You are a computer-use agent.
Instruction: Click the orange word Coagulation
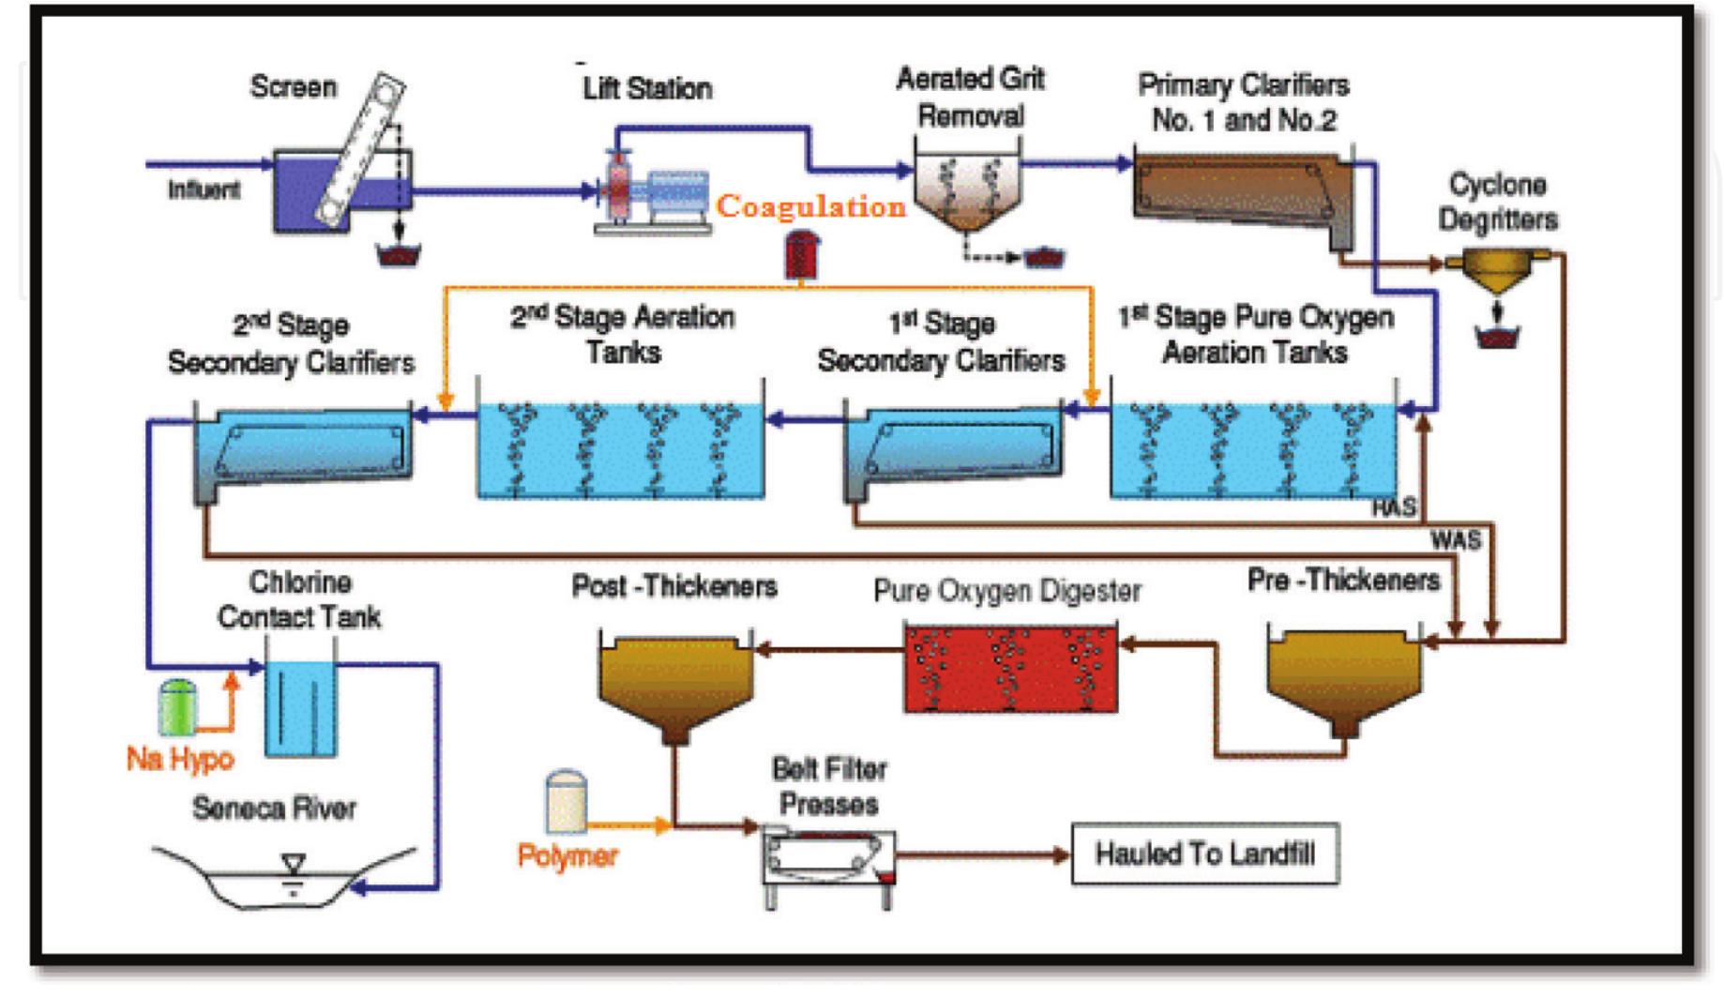click(810, 206)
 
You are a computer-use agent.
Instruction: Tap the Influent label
click(204, 190)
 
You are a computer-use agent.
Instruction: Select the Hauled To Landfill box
click(1204, 854)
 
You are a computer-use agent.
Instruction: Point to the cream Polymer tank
click(567, 802)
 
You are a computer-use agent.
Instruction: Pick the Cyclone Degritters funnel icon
click(1498, 270)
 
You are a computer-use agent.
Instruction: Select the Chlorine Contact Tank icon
click(300, 708)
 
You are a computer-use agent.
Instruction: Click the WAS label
click(1456, 540)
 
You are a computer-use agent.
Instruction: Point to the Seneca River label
click(274, 808)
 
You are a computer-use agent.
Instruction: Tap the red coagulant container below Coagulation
click(801, 255)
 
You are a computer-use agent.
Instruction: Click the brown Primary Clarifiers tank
click(1238, 192)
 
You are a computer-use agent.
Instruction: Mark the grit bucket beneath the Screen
click(398, 254)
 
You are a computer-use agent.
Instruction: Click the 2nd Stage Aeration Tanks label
click(622, 335)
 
